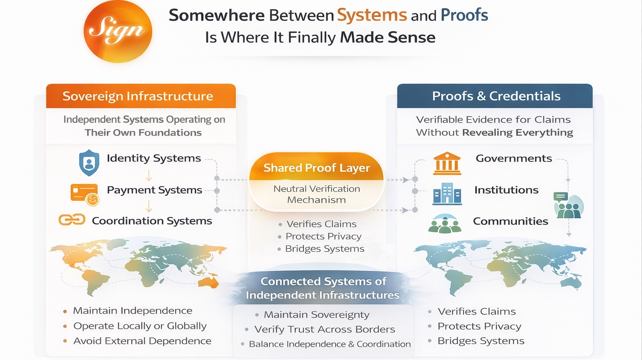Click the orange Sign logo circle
click(x=117, y=32)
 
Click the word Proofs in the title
click(x=464, y=15)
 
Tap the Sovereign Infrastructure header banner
click(x=141, y=96)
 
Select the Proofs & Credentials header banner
click(x=495, y=96)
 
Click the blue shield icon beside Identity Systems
click(x=89, y=163)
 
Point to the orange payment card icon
click(x=84, y=194)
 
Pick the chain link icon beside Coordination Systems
click(x=72, y=220)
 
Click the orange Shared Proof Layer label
click(x=316, y=168)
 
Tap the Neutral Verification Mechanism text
click(x=316, y=194)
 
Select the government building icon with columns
click(x=447, y=163)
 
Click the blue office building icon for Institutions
click(x=447, y=194)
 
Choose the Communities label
click(x=510, y=221)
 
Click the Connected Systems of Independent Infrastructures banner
click(x=323, y=288)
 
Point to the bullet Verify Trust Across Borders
click(x=324, y=329)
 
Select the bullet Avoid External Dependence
click(x=142, y=341)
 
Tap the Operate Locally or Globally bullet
click(x=140, y=326)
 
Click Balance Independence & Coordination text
click(x=330, y=344)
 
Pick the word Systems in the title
click(x=372, y=15)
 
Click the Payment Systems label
click(x=154, y=190)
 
